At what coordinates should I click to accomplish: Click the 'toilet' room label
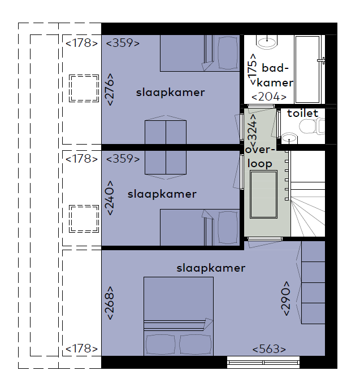302,114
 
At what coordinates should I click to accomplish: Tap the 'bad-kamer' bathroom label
275,75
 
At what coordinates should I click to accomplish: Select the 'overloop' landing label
260,156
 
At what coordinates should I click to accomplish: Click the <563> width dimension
269,349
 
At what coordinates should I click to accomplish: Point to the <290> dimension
285,298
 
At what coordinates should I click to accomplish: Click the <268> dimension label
110,303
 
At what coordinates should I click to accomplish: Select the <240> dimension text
110,198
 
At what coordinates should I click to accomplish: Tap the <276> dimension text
110,89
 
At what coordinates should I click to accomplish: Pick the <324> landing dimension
253,130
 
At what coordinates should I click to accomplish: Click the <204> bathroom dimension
269,97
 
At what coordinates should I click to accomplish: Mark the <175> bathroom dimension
253,69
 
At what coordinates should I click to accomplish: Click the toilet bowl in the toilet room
312,126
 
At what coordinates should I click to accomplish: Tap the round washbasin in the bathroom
267,42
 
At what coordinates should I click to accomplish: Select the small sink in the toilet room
289,138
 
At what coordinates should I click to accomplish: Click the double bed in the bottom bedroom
179,316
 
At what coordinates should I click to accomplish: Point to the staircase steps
307,209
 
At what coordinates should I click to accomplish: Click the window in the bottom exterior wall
263,363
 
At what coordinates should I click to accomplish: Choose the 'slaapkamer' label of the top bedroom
170,93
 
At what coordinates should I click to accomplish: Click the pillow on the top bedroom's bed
227,53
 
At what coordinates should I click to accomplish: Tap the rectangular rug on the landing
263,194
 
